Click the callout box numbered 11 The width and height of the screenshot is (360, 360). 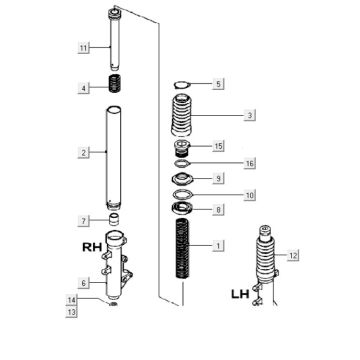pyautogui.click(x=84, y=47)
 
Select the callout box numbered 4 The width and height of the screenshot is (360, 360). pyautogui.click(x=84, y=89)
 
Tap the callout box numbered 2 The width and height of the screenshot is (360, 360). pyautogui.click(x=84, y=153)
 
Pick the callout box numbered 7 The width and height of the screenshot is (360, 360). pyautogui.click(x=84, y=219)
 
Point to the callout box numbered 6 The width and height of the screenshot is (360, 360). pyautogui.click(x=84, y=283)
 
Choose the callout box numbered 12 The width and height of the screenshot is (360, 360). pyautogui.click(x=292, y=256)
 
